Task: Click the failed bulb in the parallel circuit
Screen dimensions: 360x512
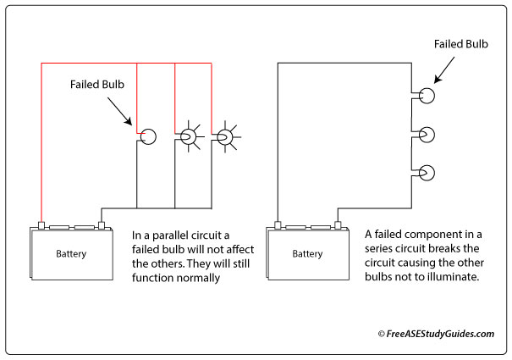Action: (148, 136)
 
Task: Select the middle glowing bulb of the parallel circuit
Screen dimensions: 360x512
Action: (189, 136)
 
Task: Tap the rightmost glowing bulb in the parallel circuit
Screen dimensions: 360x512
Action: (225, 136)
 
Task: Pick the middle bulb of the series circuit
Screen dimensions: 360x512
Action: (426, 134)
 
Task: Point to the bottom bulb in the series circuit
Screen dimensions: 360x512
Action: (426, 173)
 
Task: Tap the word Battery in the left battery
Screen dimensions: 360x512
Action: (71, 253)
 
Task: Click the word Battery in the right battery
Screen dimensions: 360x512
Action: (306, 253)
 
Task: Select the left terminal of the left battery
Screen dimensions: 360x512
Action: (41, 226)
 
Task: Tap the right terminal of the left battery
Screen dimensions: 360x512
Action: (102, 226)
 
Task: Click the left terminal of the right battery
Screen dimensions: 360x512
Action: (277, 226)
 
